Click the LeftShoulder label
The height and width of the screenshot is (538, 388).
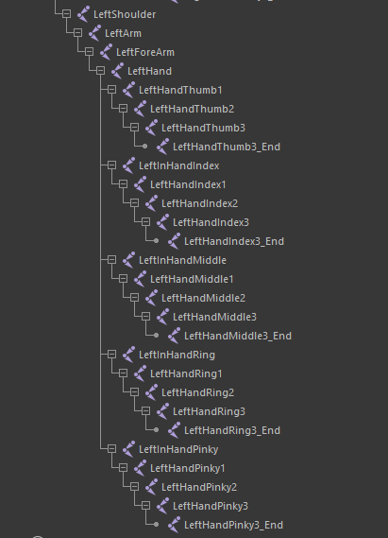point(125,14)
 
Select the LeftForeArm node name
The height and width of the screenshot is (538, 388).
point(145,52)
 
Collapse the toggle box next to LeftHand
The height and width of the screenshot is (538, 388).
point(100,71)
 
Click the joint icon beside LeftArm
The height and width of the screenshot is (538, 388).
point(94,32)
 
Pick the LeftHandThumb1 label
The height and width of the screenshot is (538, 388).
point(180,90)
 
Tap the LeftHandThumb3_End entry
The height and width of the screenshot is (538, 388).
point(227,147)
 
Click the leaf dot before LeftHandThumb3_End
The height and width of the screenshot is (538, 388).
point(144,147)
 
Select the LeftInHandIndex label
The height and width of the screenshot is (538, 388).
point(178,165)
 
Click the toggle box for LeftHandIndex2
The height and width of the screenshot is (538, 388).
point(134,202)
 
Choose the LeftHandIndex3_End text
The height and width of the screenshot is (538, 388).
point(234,241)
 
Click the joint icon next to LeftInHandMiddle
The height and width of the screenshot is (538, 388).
point(128,259)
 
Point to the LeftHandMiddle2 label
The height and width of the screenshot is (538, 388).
point(203,298)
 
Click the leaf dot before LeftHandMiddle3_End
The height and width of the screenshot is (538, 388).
point(156,336)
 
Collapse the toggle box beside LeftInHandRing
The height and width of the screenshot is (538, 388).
point(111,354)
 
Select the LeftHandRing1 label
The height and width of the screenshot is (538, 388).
point(186,373)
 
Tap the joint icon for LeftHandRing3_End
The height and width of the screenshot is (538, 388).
point(174,429)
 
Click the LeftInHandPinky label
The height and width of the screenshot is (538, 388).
point(178,449)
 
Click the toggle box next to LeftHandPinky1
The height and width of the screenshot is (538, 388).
point(123,467)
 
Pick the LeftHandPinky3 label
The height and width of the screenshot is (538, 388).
point(211,506)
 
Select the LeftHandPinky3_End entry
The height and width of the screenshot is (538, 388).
point(233,525)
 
